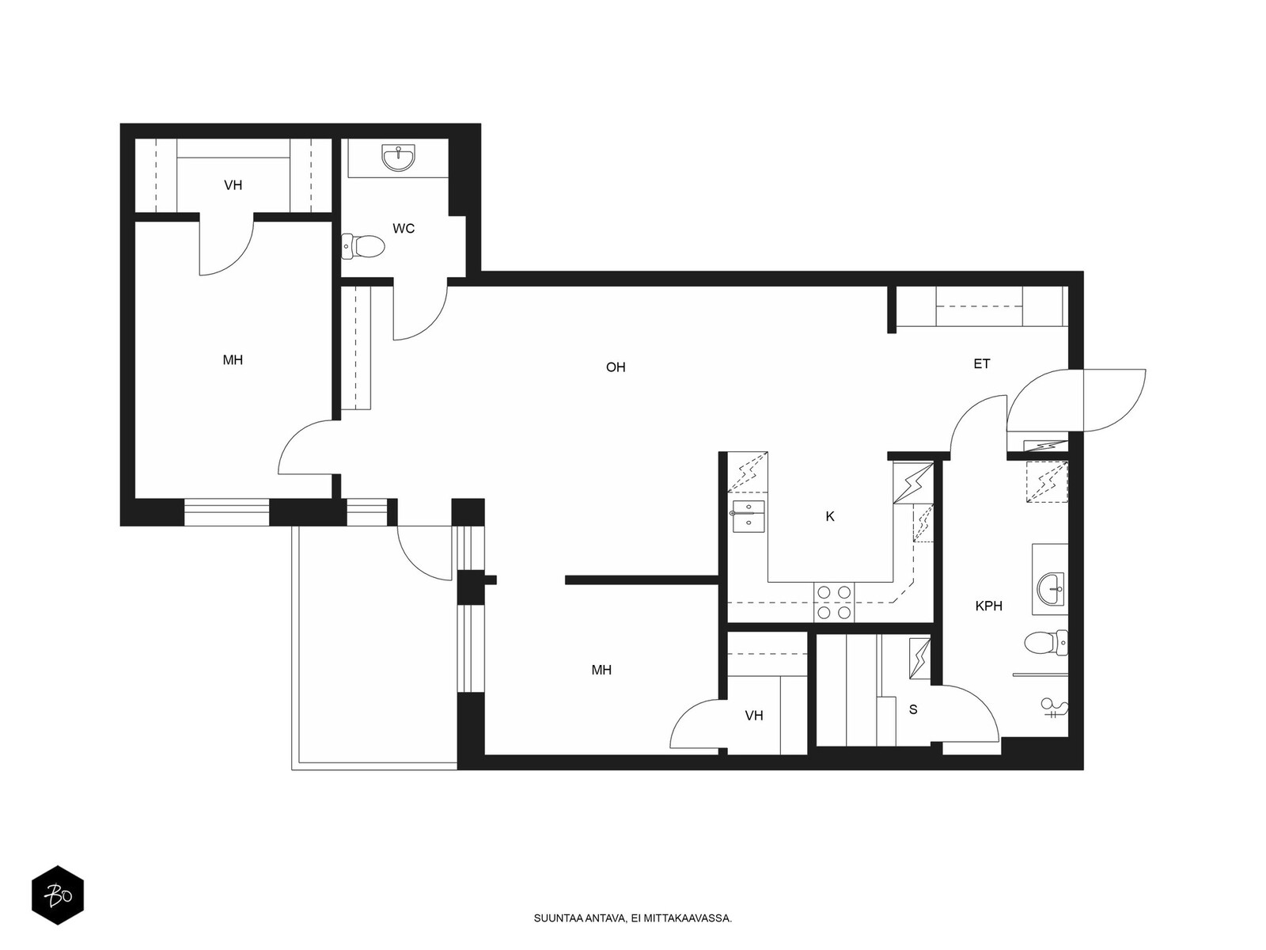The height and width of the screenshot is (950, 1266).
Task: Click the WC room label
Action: (x=404, y=229)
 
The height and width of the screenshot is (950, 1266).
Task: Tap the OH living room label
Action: (x=616, y=367)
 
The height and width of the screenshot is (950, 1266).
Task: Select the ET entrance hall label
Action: (x=982, y=364)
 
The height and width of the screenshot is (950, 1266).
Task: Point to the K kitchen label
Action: (x=830, y=517)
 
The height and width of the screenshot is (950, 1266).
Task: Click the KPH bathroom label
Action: (x=988, y=606)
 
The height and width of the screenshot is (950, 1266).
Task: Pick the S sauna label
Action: (x=913, y=709)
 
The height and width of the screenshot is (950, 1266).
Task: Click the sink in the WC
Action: (x=398, y=158)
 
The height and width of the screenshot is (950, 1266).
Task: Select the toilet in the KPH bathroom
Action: (x=1046, y=643)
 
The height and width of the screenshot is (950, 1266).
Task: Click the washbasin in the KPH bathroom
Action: (x=1051, y=590)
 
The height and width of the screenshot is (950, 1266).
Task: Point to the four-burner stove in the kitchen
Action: (x=834, y=602)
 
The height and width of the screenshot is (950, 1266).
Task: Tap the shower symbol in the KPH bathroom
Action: (x=1054, y=708)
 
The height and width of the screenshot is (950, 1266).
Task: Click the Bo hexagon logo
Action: (x=58, y=895)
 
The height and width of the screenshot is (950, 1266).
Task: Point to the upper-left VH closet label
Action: (x=233, y=185)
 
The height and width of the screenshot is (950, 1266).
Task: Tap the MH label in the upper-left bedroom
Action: (x=233, y=360)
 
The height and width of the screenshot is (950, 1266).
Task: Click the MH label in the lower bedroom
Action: (x=601, y=670)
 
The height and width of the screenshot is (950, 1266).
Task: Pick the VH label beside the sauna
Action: (x=754, y=716)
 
